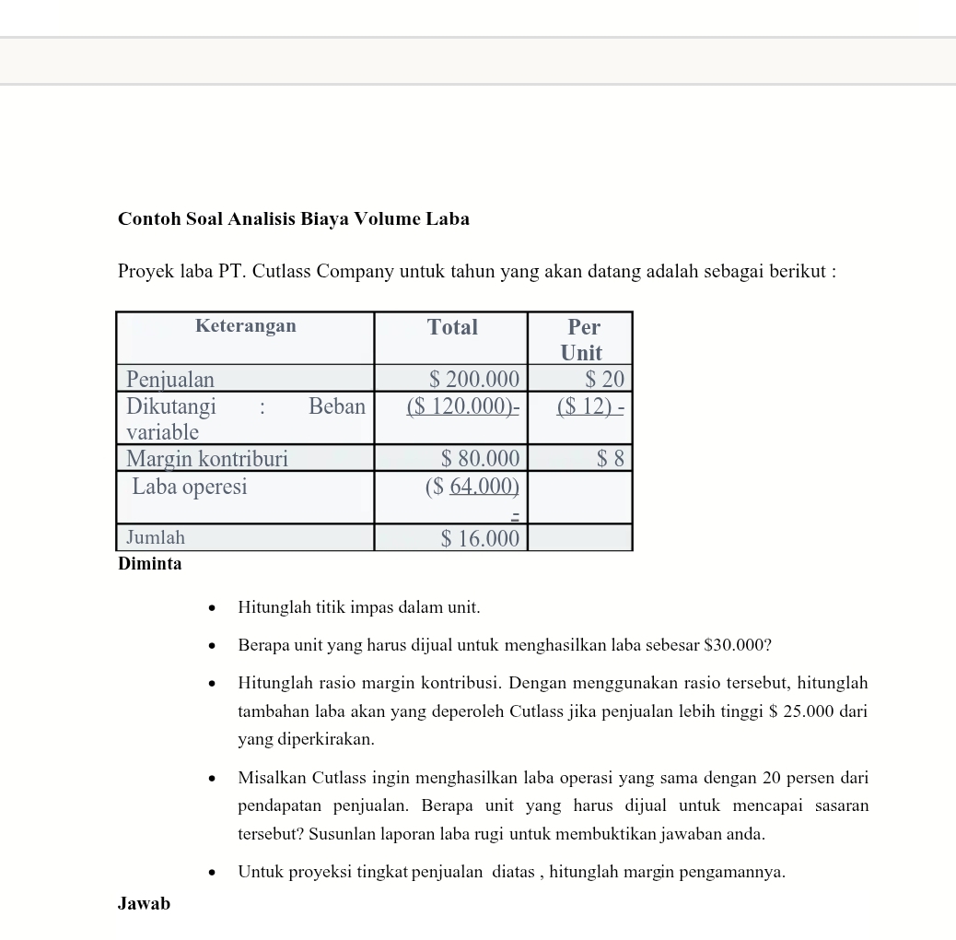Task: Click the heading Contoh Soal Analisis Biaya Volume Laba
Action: (293, 219)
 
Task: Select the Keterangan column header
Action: (245, 326)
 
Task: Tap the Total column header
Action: (452, 327)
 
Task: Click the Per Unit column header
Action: (582, 339)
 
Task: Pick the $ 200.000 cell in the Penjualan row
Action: (474, 379)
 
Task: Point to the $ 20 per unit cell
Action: (605, 379)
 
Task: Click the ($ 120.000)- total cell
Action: (463, 406)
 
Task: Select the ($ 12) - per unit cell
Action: (590, 406)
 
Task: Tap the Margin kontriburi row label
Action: (206, 459)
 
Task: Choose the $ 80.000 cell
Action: (480, 459)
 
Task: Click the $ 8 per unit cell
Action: (611, 459)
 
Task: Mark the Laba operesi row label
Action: (190, 487)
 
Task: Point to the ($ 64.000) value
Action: (472, 487)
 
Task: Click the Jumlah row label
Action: (156, 537)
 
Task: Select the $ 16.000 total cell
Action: (480, 538)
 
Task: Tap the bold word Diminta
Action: (150, 564)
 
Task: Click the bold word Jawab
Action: (144, 904)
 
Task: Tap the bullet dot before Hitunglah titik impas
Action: (212, 608)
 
